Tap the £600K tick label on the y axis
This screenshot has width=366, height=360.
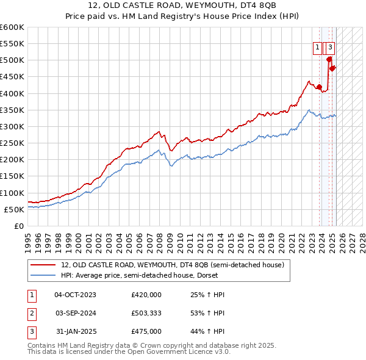[12, 27]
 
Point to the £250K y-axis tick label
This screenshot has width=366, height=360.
[12, 143]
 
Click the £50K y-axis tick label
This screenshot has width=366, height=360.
[15, 209]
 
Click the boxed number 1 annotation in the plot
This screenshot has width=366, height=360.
[318, 48]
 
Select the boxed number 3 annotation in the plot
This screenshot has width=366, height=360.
[330, 48]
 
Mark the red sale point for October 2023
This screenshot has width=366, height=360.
[319, 87]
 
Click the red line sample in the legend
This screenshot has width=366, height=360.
[43, 265]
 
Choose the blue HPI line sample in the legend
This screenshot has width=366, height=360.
[43, 275]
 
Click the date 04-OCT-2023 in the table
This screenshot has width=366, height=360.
[75, 295]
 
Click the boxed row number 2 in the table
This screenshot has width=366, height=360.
[31, 313]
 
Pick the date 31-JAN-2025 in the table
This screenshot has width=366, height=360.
[75, 331]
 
